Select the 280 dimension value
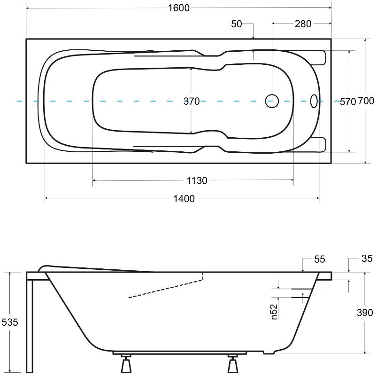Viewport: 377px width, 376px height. click(302, 23)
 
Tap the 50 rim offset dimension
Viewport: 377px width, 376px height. click(237, 23)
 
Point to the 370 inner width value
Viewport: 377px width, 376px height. click(191, 101)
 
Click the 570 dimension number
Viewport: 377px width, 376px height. click(348, 102)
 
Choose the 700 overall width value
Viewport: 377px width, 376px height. click(366, 102)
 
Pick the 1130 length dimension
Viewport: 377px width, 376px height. click(197, 180)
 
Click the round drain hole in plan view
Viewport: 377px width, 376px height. click(272, 101)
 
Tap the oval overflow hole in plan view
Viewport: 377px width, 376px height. click(314, 101)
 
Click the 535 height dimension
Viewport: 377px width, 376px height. click(9, 322)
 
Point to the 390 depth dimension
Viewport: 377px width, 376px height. click(365, 313)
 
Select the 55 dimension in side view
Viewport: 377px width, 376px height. click(319, 259)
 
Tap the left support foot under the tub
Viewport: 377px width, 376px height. click(125, 364)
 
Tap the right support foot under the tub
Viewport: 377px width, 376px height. click(232, 364)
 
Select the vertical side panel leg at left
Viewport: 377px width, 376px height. click(30, 324)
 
